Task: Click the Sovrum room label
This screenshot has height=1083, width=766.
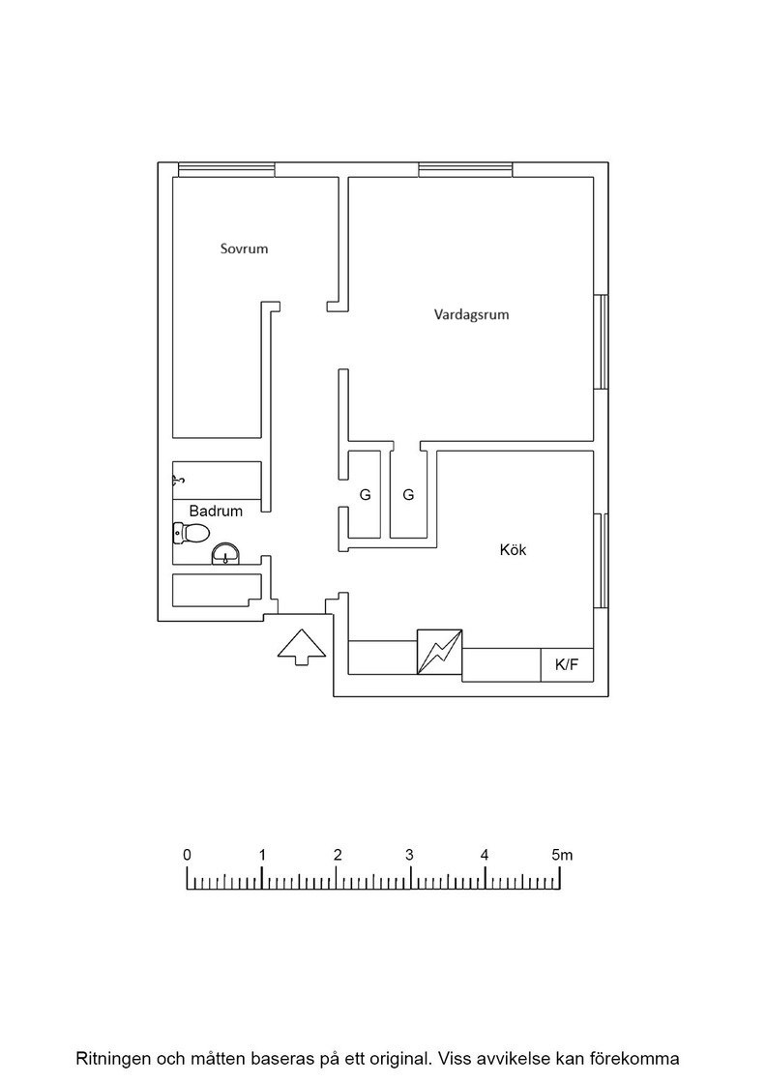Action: click(244, 249)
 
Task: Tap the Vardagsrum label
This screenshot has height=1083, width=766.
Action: click(471, 315)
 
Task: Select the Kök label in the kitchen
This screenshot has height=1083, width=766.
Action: click(514, 550)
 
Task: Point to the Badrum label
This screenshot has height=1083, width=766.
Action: click(216, 512)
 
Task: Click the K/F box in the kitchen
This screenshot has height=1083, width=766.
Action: click(567, 665)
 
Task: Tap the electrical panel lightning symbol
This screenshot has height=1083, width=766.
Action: click(439, 652)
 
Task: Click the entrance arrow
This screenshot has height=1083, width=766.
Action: click(302, 647)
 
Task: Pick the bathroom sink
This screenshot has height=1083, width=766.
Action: click(225, 554)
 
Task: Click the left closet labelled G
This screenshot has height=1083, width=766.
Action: click(365, 494)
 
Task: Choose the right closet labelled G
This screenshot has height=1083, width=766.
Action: click(408, 494)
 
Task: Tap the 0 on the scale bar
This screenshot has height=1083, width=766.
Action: click(188, 855)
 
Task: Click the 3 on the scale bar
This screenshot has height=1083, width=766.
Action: click(409, 855)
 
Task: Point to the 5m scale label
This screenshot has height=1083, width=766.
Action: click(562, 855)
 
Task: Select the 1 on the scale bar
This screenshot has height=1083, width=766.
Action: click(262, 855)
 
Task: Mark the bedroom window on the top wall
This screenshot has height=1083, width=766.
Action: click(226, 170)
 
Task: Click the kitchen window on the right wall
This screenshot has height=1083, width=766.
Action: click(601, 561)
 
